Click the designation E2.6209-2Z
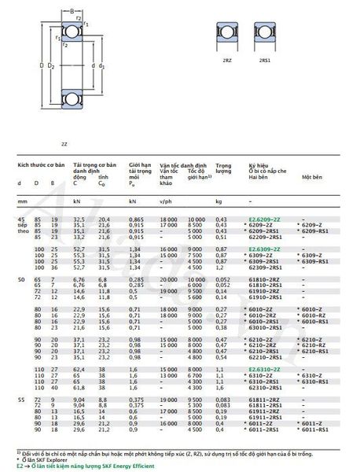tap(266, 218)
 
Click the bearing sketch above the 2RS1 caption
tap(265, 35)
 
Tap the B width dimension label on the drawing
tap(72, 10)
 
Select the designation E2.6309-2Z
tap(266, 248)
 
